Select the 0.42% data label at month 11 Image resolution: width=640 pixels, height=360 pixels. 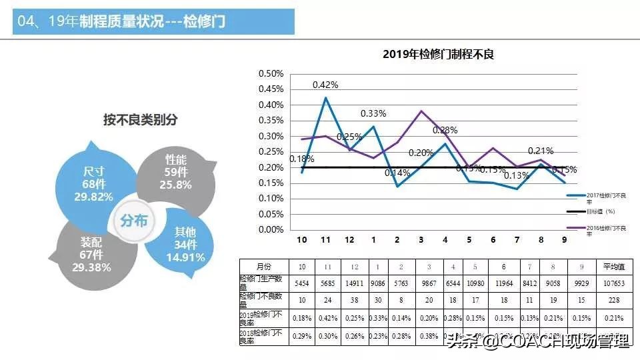click(325, 85)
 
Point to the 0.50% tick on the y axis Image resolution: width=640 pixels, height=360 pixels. click(271, 73)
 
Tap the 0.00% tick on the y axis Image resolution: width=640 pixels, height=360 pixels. click(271, 229)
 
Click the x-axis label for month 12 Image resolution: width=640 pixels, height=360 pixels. click(349, 240)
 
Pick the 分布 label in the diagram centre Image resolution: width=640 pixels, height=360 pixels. click(134, 221)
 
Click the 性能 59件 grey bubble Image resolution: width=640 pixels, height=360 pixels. click(175, 171)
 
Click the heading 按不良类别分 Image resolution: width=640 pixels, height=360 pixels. click(140, 119)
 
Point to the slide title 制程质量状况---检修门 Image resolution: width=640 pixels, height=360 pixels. click(152, 22)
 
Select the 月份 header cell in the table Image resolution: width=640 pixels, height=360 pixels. click(264, 266)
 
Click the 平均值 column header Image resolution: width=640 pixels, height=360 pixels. click(613, 266)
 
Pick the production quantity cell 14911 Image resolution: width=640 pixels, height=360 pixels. click(353, 282)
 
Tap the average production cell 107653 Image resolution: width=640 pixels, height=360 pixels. click(613, 282)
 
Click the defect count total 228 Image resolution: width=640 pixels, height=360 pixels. click(613, 299)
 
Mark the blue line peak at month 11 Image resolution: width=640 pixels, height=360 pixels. click(325, 98)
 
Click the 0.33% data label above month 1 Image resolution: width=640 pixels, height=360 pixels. click(373, 113)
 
